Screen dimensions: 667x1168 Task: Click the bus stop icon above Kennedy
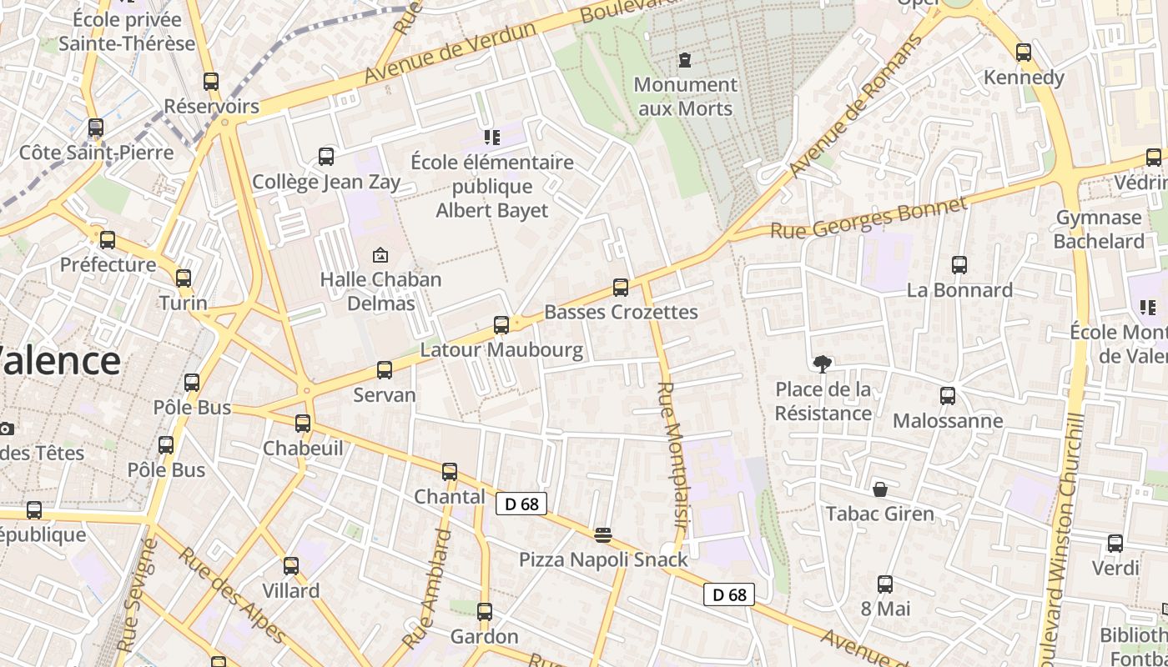click(x=1024, y=52)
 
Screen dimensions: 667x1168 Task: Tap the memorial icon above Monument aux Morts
click(x=685, y=59)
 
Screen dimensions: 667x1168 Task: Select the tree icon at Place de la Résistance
click(x=822, y=364)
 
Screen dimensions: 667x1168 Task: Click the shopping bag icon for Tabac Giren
click(x=880, y=489)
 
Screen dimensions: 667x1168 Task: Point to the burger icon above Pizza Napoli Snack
click(x=603, y=534)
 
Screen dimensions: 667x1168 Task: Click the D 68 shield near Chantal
click(x=521, y=504)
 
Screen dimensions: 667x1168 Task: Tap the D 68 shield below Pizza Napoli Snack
click(x=729, y=594)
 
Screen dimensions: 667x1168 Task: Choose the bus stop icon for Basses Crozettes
click(x=620, y=288)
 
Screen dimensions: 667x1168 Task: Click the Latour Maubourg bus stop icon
click(x=501, y=325)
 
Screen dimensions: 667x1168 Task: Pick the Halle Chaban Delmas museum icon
click(x=380, y=254)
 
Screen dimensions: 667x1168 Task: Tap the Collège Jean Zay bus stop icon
click(x=326, y=156)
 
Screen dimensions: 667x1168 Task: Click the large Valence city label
click(x=58, y=361)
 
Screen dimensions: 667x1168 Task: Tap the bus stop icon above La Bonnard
click(x=959, y=265)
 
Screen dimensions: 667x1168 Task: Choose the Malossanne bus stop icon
click(x=948, y=396)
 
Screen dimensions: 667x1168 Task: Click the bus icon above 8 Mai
click(x=885, y=584)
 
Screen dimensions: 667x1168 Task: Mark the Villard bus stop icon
click(x=290, y=566)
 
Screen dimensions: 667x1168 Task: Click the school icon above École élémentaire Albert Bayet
click(x=491, y=137)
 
